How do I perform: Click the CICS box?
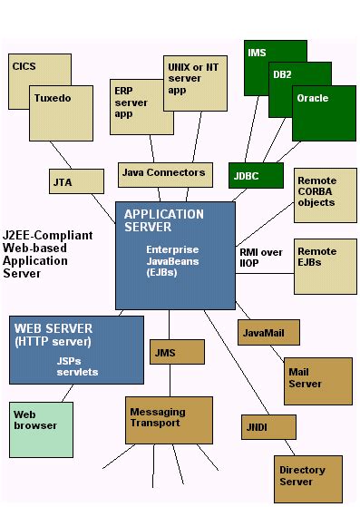tap(25, 67)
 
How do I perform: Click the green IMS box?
tap(258, 54)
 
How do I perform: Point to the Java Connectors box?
tap(162, 172)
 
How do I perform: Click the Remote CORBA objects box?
tap(318, 191)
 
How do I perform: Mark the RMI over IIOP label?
tap(261, 258)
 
